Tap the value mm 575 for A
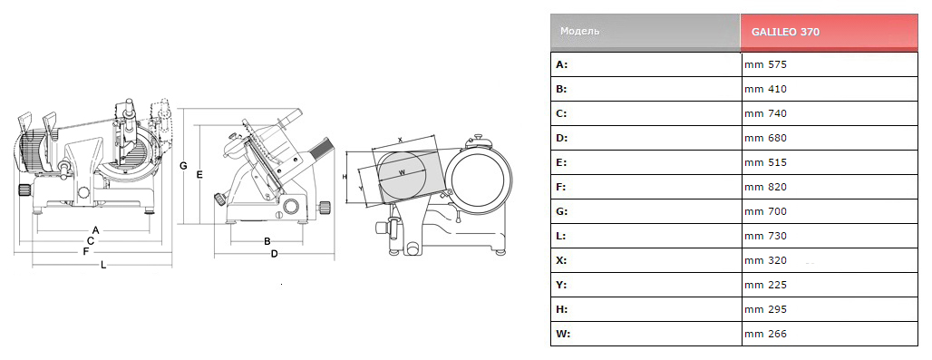click(765, 64)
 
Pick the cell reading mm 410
click(765, 89)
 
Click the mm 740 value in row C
click(765, 113)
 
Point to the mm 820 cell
click(765, 187)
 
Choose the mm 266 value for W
click(765, 334)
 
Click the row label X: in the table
click(561, 260)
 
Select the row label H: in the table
click(562, 309)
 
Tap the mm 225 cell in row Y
click(765, 285)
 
